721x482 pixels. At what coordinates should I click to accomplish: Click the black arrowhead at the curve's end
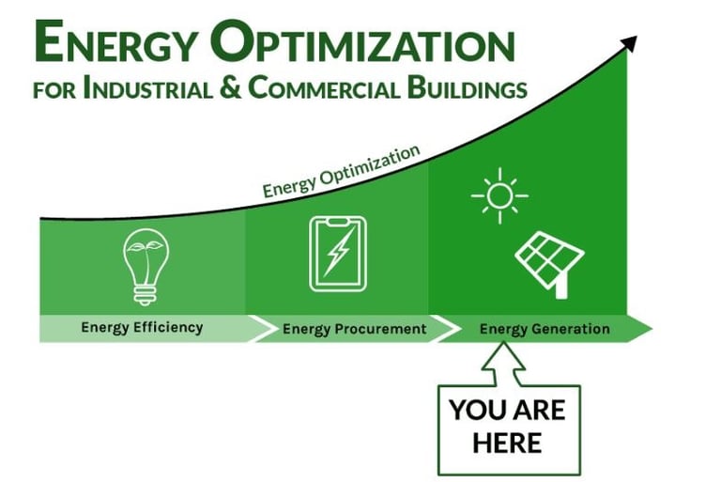coord(630,42)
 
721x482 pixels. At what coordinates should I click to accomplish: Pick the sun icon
coord(499,195)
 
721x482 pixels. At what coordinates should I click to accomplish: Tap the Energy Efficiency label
coord(142,328)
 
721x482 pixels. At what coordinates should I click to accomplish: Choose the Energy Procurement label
coord(354,329)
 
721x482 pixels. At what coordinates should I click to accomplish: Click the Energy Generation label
coord(545,329)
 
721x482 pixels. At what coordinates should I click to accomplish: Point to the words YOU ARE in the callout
coord(507,410)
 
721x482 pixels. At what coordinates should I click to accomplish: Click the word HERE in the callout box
coord(507,441)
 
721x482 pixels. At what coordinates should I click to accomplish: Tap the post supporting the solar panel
coord(561,286)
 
